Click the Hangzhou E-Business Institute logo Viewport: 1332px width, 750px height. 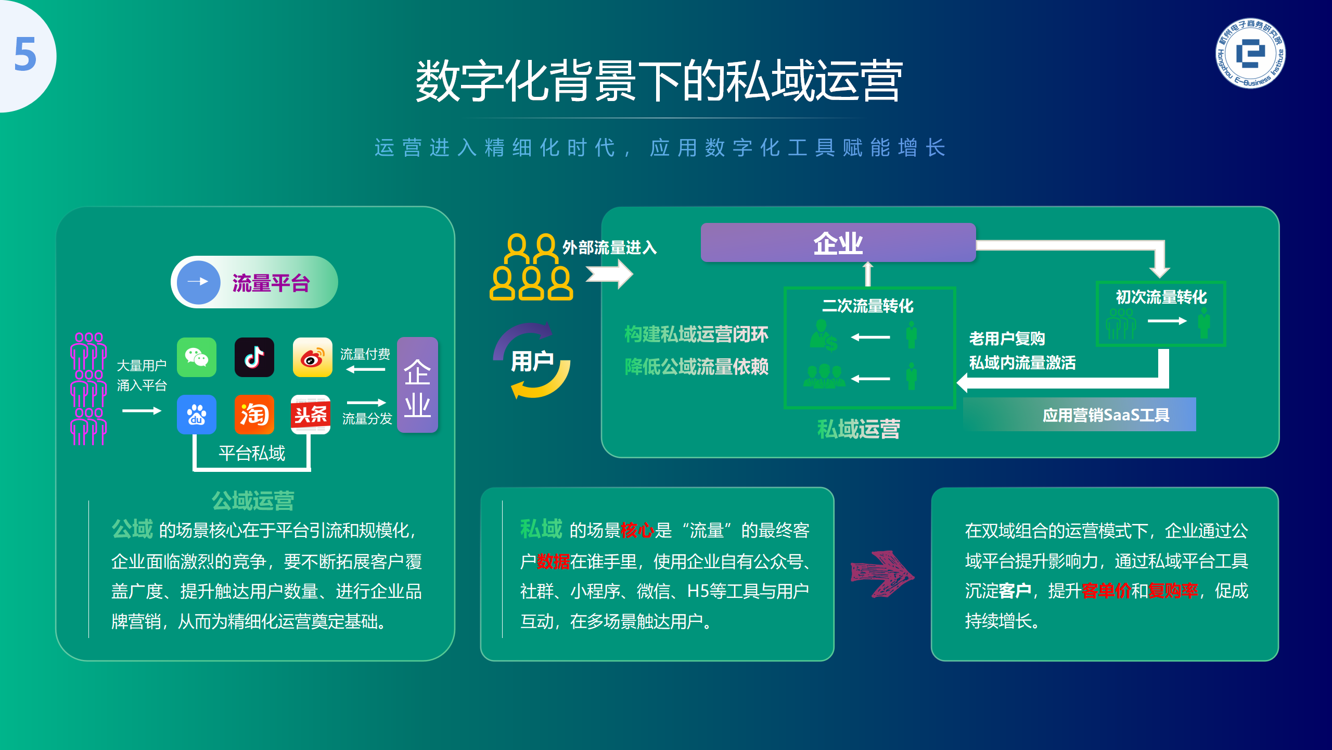coord(1250,54)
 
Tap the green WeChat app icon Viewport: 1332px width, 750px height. coord(197,357)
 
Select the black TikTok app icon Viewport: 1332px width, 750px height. coord(254,357)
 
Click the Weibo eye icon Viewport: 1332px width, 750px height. coord(312,357)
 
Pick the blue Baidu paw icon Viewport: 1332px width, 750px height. coord(197,415)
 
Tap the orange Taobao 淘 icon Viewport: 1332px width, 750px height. coord(254,415)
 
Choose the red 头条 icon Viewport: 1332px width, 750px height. coord(311,415)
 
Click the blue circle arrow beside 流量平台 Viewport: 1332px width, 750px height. coord(198,282)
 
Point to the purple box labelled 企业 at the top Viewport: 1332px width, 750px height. coord(838,243)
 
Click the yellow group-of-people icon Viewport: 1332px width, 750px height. coord(531,267)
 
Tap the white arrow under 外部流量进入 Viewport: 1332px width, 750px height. coord(609,274)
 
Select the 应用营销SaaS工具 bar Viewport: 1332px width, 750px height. coord(1080,415)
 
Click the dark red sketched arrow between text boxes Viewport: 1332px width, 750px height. coord(882,574)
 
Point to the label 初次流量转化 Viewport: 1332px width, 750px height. coord(1161,297)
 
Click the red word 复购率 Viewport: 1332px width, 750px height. coord(1173,591)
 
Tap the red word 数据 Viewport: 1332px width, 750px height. coord(553,561)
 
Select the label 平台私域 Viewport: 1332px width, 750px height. coord(252,453)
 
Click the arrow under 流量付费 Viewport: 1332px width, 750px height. coord(366,369)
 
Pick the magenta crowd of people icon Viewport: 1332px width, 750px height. coord(88,389)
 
